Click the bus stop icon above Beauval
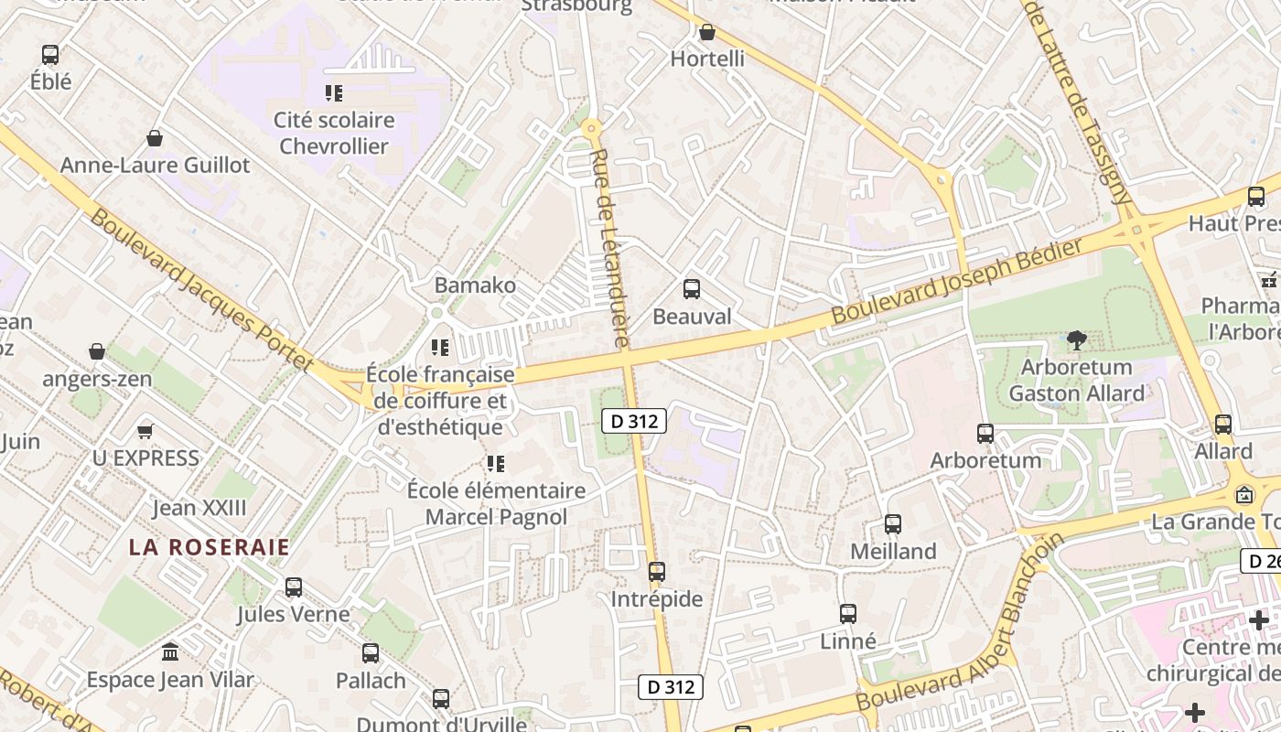click(x=692, y=289)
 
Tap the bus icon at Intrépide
click(x=656, y=572)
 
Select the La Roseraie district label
click(x=209, y=547)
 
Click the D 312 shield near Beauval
click(x=634, y=421)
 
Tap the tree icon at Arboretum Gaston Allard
click(x=1077, y=340)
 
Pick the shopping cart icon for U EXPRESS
click(x=145, y=430)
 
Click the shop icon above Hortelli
click(x=706, y=33)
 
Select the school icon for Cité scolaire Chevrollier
click(x=334, y=92)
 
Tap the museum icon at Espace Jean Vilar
click(x=170, y=652)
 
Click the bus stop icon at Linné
click(x=848, y=614)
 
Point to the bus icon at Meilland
click(x=893, y=524)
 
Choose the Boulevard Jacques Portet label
click(x=203, y=291)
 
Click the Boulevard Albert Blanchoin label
click(x=961, y=622)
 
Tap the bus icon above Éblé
click(x=50, y=55)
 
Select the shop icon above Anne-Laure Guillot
click(x=155, y=138)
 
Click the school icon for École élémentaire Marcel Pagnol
click(x=496, y=464)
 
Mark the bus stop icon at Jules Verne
click(x=294, y=587)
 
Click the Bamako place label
click(x=475, y=285)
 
